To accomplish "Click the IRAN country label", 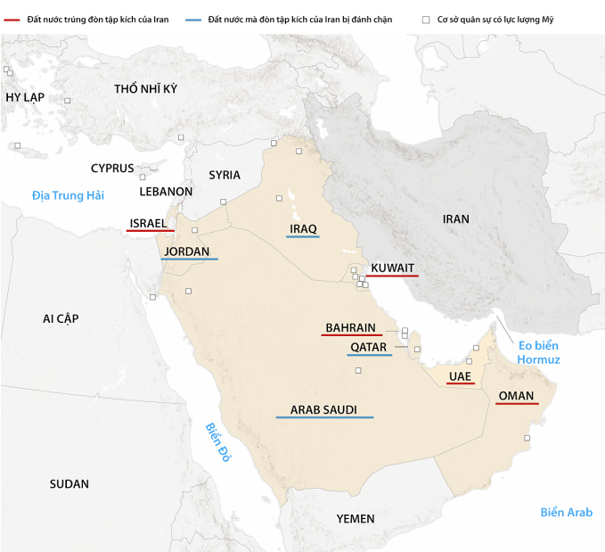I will tap(455, 218).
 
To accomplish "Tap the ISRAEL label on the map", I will tap(148, 223).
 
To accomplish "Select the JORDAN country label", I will tap(187, 251).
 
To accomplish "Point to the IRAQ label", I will tap(303, 229).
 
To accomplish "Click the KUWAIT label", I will tap(392, 268).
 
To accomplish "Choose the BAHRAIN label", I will tap(350, 327).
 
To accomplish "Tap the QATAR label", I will tap(368, 347).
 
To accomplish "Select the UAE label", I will tap(460, 376).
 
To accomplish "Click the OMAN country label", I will tap(517, 395).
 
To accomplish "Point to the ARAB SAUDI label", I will tap(323, 410).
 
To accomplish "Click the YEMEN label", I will tap(356, 519).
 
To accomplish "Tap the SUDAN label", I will tap(69, 484).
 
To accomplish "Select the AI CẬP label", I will tap(61, 318).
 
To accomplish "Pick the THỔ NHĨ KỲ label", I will tap(146, 88).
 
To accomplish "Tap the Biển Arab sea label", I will tap(566, 512).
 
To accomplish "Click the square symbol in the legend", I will tap(426, 19).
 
